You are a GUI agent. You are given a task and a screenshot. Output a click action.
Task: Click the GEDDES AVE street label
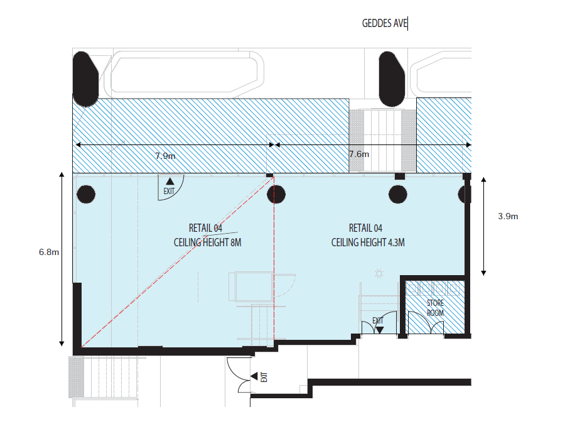(385, 23)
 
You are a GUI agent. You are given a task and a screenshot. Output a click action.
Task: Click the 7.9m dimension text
(165, 156)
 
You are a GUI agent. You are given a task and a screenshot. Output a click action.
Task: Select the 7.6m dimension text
(359, 154)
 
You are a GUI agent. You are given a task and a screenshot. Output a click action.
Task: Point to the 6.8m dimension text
(49, 252)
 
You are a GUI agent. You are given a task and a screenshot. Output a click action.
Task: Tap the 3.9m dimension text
(508, 216)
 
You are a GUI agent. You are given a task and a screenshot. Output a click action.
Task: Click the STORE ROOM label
(435, 308)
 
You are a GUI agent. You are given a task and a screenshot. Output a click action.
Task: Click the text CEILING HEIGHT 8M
(207, 242)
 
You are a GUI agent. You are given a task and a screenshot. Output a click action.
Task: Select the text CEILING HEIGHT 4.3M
(368, 242)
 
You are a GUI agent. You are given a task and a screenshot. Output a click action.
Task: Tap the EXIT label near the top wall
(169, 192)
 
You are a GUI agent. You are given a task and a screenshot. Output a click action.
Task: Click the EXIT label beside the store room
(378, 320)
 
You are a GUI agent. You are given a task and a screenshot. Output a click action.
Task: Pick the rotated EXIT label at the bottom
(264, 377)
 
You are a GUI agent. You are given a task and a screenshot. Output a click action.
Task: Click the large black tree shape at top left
(85, 79)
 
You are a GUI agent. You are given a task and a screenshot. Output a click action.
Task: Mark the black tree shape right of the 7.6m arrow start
(392, 79)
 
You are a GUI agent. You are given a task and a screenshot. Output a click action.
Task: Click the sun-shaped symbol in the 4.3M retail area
(379, 273)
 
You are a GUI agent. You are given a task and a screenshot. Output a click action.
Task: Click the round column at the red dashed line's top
(276, 194)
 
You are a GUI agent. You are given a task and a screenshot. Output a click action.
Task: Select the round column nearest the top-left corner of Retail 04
(86, 194)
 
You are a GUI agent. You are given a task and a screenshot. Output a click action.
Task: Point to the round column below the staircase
(398, 194)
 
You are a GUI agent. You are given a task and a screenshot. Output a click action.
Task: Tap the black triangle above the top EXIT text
(169, 182)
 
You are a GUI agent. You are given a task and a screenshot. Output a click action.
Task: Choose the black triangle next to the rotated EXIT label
(254, 376)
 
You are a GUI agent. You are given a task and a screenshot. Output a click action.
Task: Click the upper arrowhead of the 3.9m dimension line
(483, 180)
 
